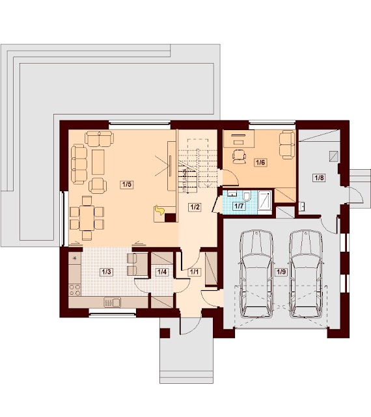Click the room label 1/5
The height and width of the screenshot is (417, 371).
127,184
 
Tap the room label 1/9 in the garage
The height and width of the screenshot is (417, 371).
281,271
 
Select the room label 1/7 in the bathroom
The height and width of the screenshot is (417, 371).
239,206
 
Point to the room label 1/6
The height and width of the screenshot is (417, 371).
260,162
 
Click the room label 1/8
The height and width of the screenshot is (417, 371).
319,178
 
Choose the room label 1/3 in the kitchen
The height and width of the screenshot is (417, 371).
106,272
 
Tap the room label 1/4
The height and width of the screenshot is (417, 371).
162,272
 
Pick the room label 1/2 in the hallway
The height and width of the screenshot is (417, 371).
195,207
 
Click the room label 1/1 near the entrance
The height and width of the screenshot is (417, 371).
194,272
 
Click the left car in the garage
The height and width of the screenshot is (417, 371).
256,274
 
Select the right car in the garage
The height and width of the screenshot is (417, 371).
306,274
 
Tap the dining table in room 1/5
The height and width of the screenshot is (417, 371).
87,218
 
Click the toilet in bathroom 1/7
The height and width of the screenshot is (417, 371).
247,196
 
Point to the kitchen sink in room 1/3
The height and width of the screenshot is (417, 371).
113,303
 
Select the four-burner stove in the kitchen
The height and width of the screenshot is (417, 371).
75,289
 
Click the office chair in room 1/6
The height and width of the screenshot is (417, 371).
239,156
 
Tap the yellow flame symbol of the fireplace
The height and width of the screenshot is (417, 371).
159,210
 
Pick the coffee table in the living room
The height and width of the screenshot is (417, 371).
98,162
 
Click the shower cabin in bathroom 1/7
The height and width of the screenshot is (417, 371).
264,202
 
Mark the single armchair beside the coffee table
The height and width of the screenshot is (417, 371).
98,185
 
